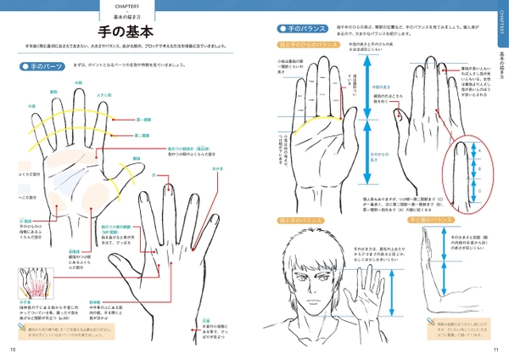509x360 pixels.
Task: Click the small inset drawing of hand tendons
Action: pos(35,284)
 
